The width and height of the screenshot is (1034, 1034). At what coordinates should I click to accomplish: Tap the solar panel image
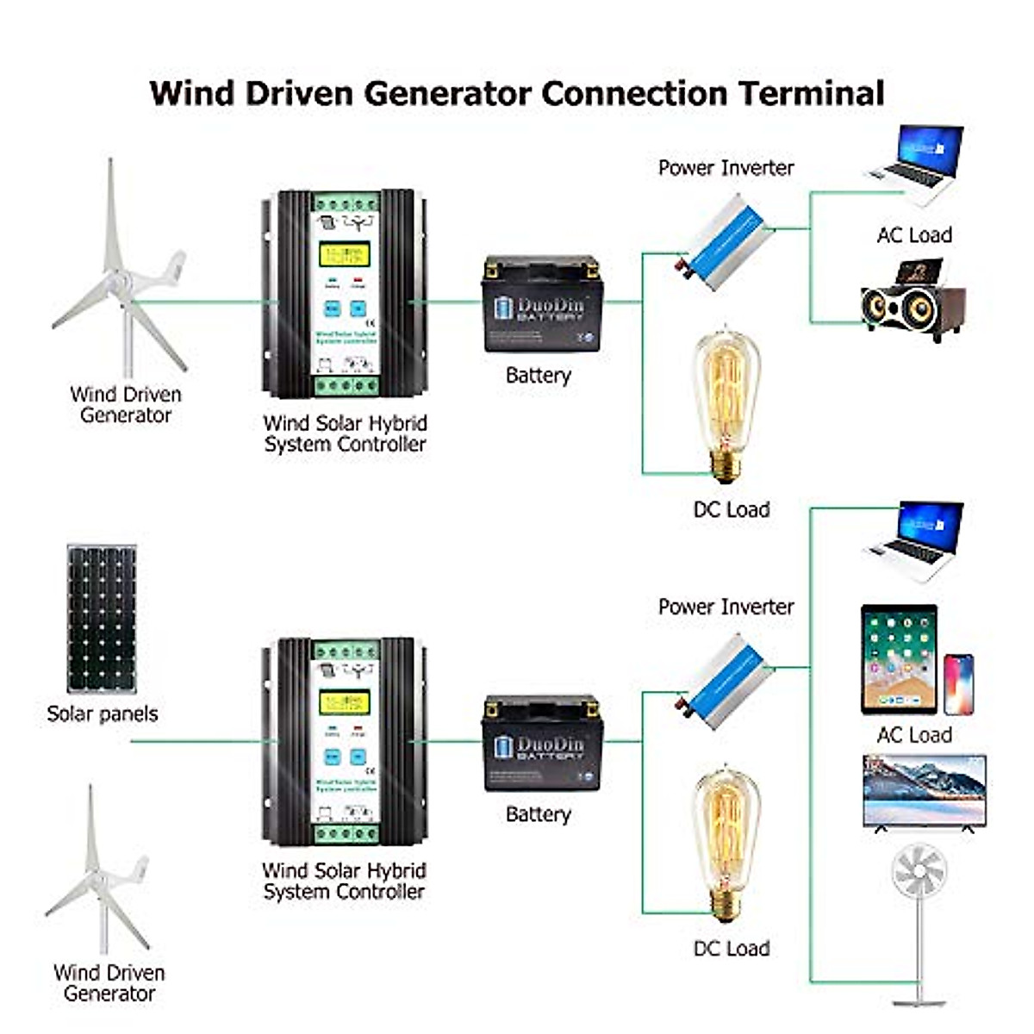tap(102, 618)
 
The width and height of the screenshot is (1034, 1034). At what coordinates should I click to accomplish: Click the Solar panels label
tap(103, 713)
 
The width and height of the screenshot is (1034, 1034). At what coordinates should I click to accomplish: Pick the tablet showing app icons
tap(899, 659)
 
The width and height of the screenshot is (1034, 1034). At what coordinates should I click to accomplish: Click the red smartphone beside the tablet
tap(959, 684)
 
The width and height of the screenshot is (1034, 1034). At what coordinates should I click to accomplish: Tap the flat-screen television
tap(925, 791)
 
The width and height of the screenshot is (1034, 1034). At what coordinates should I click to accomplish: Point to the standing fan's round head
tap(919, 871)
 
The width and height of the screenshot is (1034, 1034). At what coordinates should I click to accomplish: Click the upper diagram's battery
tap(541, 304)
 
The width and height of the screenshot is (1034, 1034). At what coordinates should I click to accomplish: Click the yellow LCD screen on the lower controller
tap(344, 702)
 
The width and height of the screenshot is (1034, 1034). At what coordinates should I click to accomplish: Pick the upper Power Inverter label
tap(726, 168)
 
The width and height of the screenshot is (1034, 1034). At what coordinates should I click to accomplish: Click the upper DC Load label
tap(732, 509)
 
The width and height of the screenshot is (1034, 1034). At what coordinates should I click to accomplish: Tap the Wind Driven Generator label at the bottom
tap(109, 982)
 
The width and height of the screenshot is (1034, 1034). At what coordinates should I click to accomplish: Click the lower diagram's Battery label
tap(539, 814)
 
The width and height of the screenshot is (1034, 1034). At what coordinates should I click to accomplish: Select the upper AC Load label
tap(913, 234)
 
